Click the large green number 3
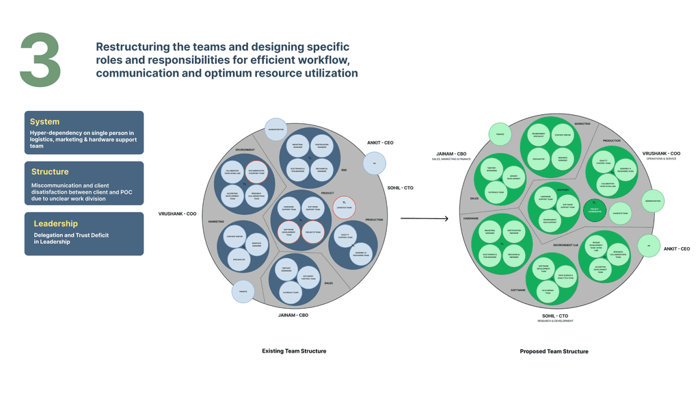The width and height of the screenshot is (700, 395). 40,60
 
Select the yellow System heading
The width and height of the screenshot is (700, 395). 44,122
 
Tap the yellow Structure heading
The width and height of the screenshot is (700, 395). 50,172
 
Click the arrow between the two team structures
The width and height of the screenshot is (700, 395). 424,219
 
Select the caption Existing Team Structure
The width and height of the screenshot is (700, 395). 294,351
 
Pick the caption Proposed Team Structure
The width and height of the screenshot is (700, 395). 554,351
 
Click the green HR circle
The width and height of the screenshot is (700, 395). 647,246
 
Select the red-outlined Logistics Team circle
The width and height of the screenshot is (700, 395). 344,206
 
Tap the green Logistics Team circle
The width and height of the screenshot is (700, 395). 620,214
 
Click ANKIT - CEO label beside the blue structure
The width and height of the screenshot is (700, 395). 380,143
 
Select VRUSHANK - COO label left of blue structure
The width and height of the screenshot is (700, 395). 178,214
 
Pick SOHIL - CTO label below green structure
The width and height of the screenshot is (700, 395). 554,315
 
